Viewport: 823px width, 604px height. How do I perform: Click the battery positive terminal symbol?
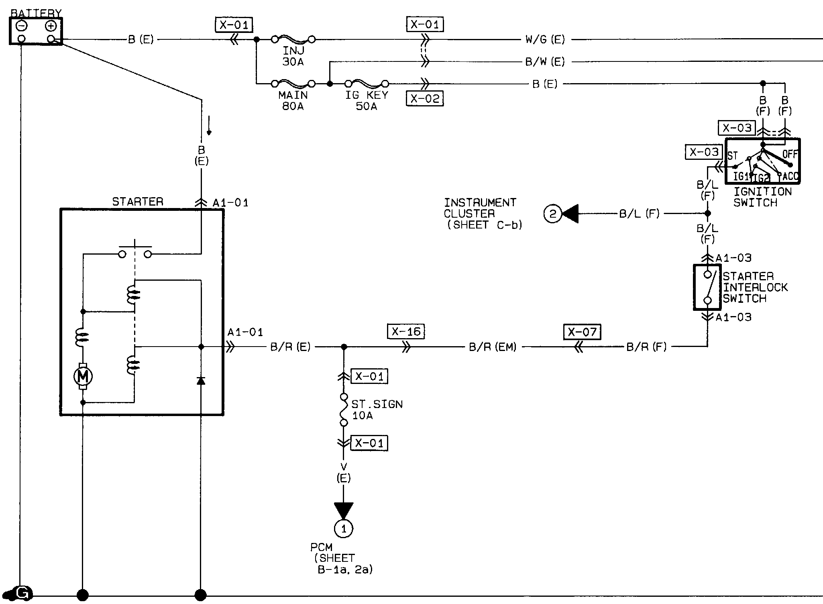(51, 27)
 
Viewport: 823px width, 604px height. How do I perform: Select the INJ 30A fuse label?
(293, 56)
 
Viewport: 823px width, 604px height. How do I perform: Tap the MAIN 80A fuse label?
(293, 101)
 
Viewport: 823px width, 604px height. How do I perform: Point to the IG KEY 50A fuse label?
(367, 101)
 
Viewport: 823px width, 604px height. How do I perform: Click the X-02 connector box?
(425, 98)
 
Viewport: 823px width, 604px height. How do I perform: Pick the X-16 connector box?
(406, 332)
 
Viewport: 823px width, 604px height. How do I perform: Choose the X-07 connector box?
(582, 332)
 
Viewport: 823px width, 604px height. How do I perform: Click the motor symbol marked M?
(83, 376)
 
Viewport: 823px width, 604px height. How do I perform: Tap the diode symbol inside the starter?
(201, 380)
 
